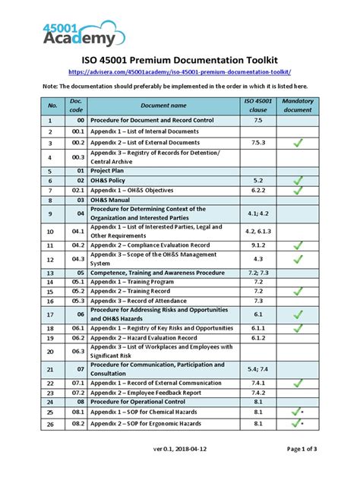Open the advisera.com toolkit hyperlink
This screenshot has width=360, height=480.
(180, 72)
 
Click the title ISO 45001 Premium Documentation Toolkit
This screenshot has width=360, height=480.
(180, 58)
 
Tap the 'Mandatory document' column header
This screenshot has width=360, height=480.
(297, 106)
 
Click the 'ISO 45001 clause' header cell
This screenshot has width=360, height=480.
(258, 106)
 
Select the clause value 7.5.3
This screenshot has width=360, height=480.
(258, 142)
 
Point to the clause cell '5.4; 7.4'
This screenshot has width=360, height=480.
(258, 370)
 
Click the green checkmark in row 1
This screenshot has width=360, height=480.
(298, 121)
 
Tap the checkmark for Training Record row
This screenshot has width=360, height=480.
(298, 292)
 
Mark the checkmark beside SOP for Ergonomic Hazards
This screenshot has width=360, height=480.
(296, 423)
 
